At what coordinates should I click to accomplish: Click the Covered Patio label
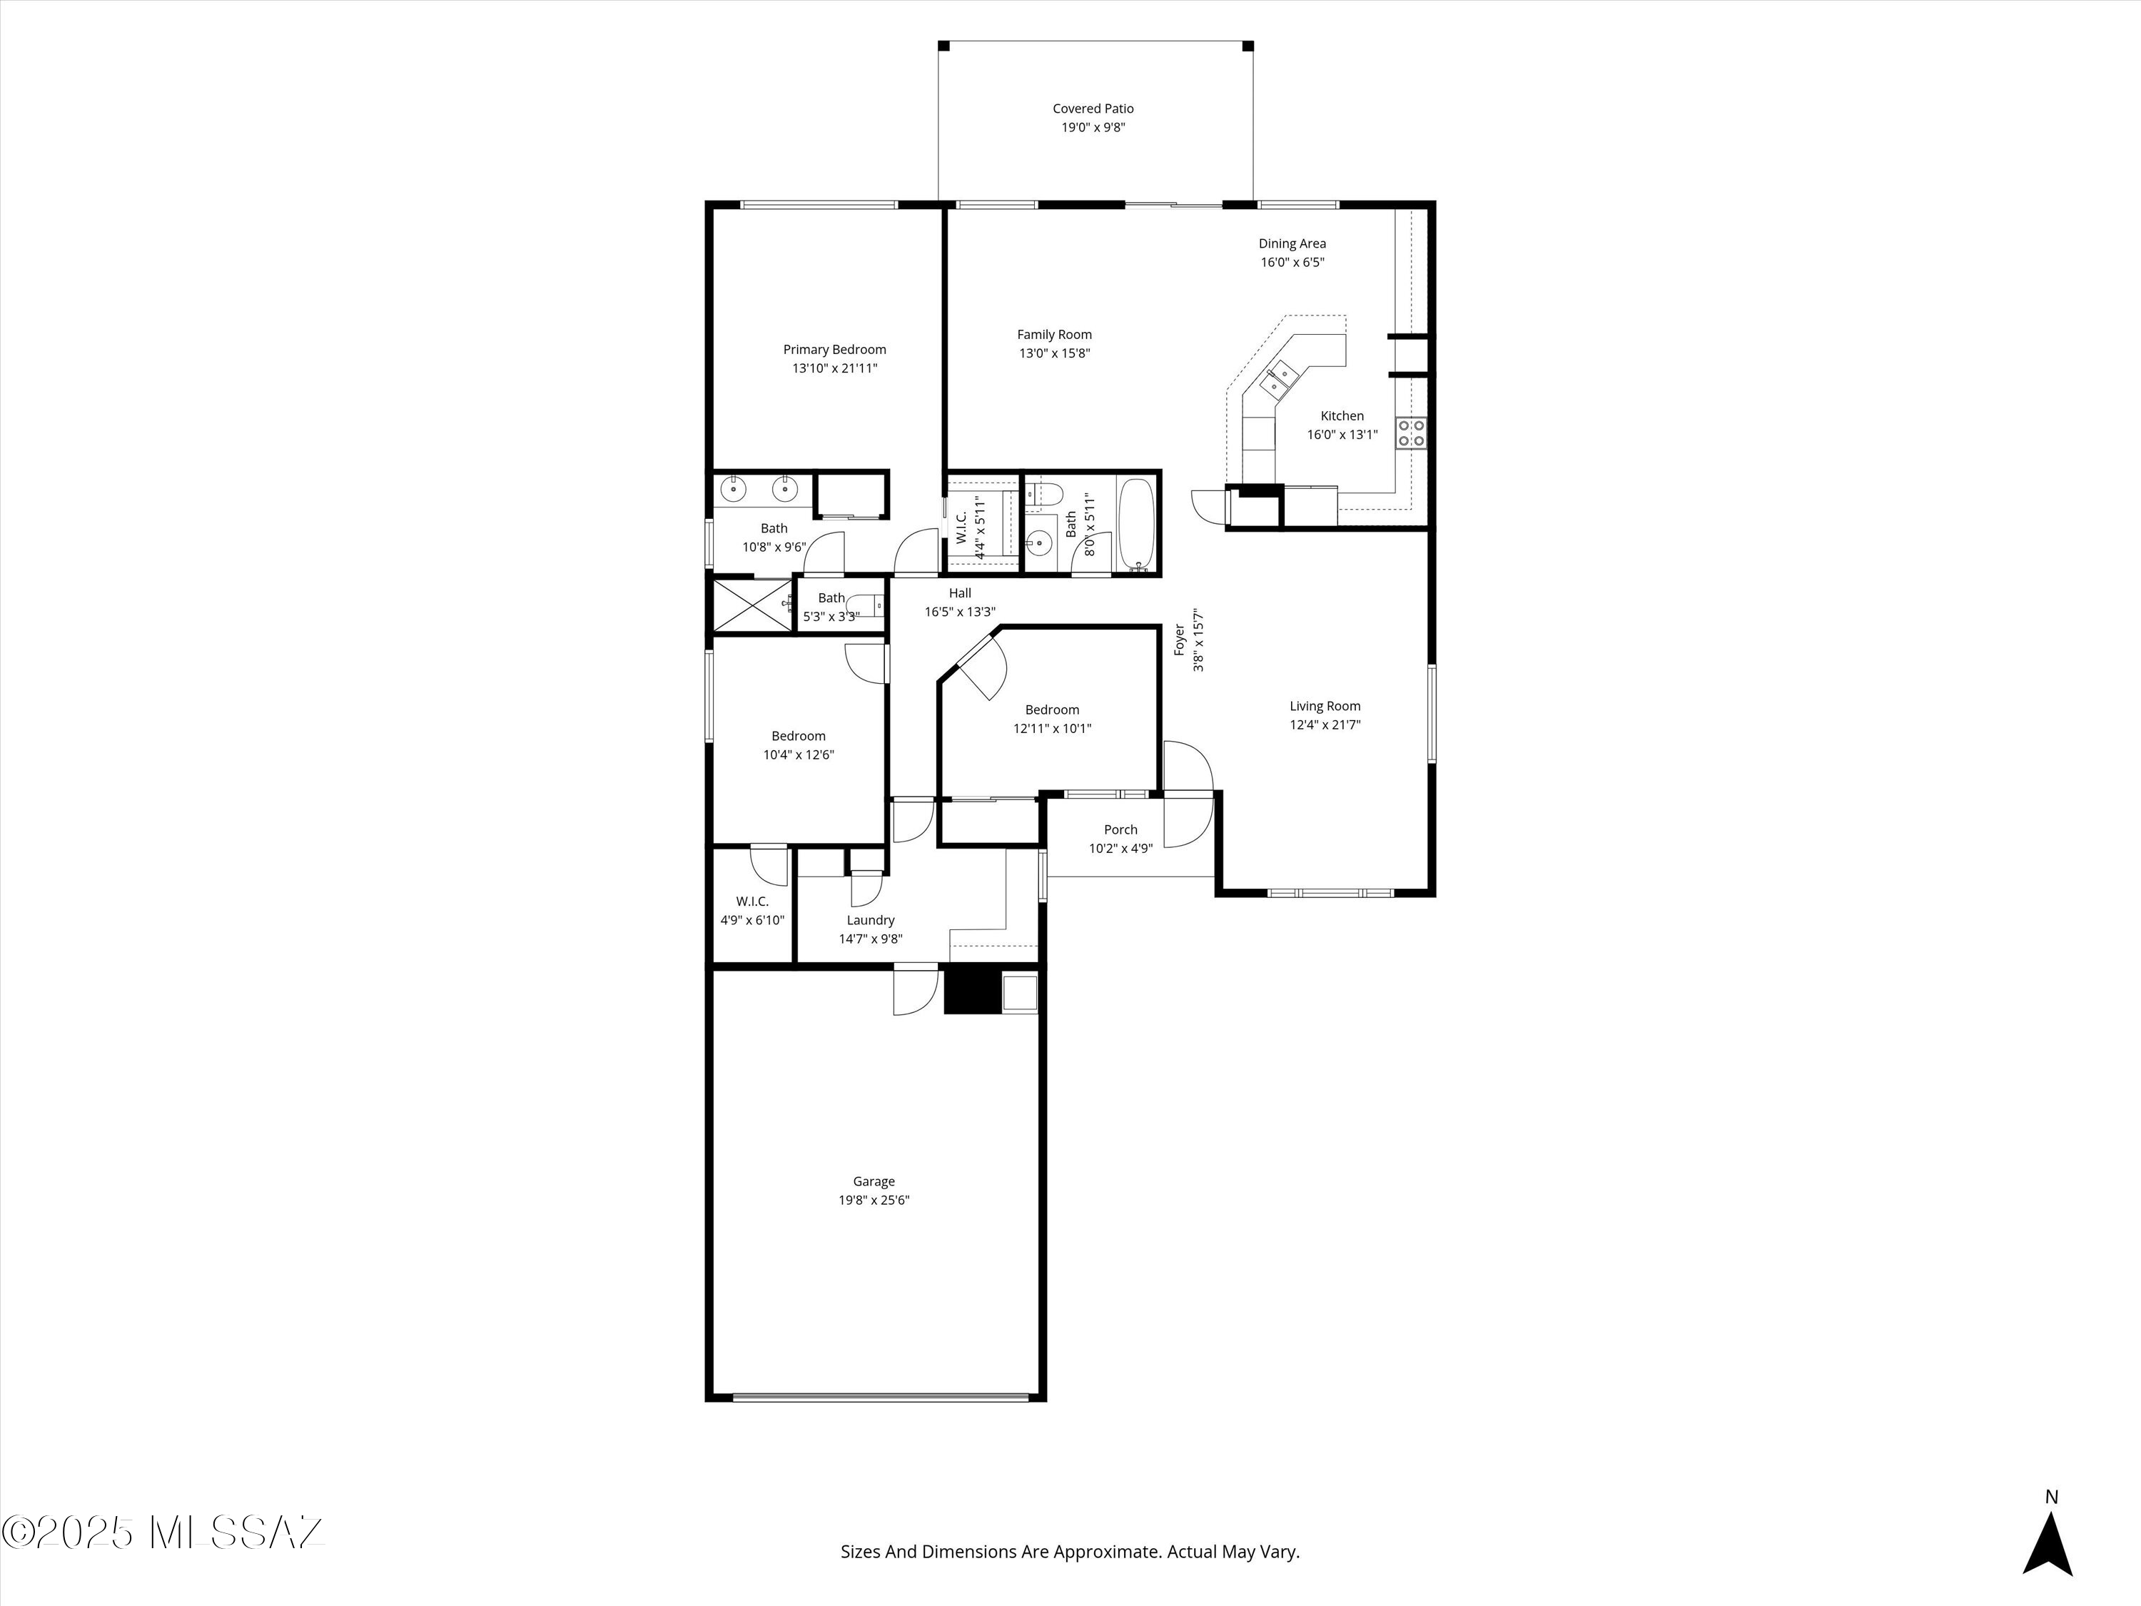[x=1093, y=109]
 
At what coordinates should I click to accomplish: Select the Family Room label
[x=1054, y=335]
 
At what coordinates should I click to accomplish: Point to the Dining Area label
[x=1292, y=244]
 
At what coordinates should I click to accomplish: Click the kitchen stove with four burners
[x=1410, y=433]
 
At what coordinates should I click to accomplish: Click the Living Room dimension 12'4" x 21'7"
[x=1325, y=725]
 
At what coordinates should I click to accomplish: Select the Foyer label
[x=1180, y=640]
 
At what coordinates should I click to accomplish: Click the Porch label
[x=1121, y=829]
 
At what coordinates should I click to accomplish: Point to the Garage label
[x=874, y=1181]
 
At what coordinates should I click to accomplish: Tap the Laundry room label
[x=871, y=921]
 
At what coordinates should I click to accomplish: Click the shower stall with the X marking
[x=752, y=606]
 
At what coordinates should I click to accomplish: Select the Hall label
[x=960, y=593]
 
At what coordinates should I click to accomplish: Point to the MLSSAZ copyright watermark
[x=163, y=1532]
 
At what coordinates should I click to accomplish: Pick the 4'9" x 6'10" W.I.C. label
[x=752, y=911]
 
